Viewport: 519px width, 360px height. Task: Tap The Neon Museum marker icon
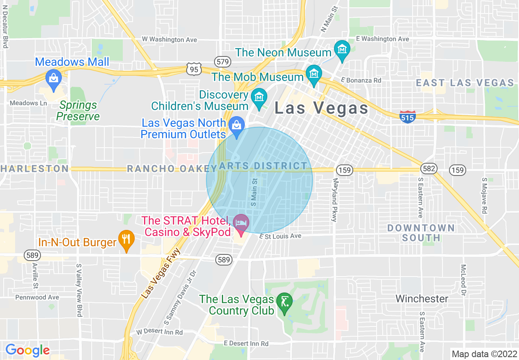click(341, 49)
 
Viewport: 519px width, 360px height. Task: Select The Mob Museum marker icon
click(314, 74)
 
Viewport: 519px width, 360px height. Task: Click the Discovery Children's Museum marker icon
click(259, 97)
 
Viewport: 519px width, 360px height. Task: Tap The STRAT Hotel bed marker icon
click(241, 223)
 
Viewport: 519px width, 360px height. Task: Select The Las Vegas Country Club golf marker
click(284, 302)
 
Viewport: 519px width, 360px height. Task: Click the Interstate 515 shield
click(408, 117)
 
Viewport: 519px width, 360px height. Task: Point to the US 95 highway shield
click(194, 69)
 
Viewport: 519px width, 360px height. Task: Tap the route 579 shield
click(223, 62)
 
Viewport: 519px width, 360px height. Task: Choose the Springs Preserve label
click(78, 111)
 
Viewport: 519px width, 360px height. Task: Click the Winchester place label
click(422, 299)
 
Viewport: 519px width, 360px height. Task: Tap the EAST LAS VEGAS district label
click(465, 83)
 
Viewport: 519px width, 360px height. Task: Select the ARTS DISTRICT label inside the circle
click(263, 166)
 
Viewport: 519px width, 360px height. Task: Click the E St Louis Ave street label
click(280, 236)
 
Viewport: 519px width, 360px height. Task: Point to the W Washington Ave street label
click(169, 40)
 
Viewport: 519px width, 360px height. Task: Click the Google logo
click(27, 350)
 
